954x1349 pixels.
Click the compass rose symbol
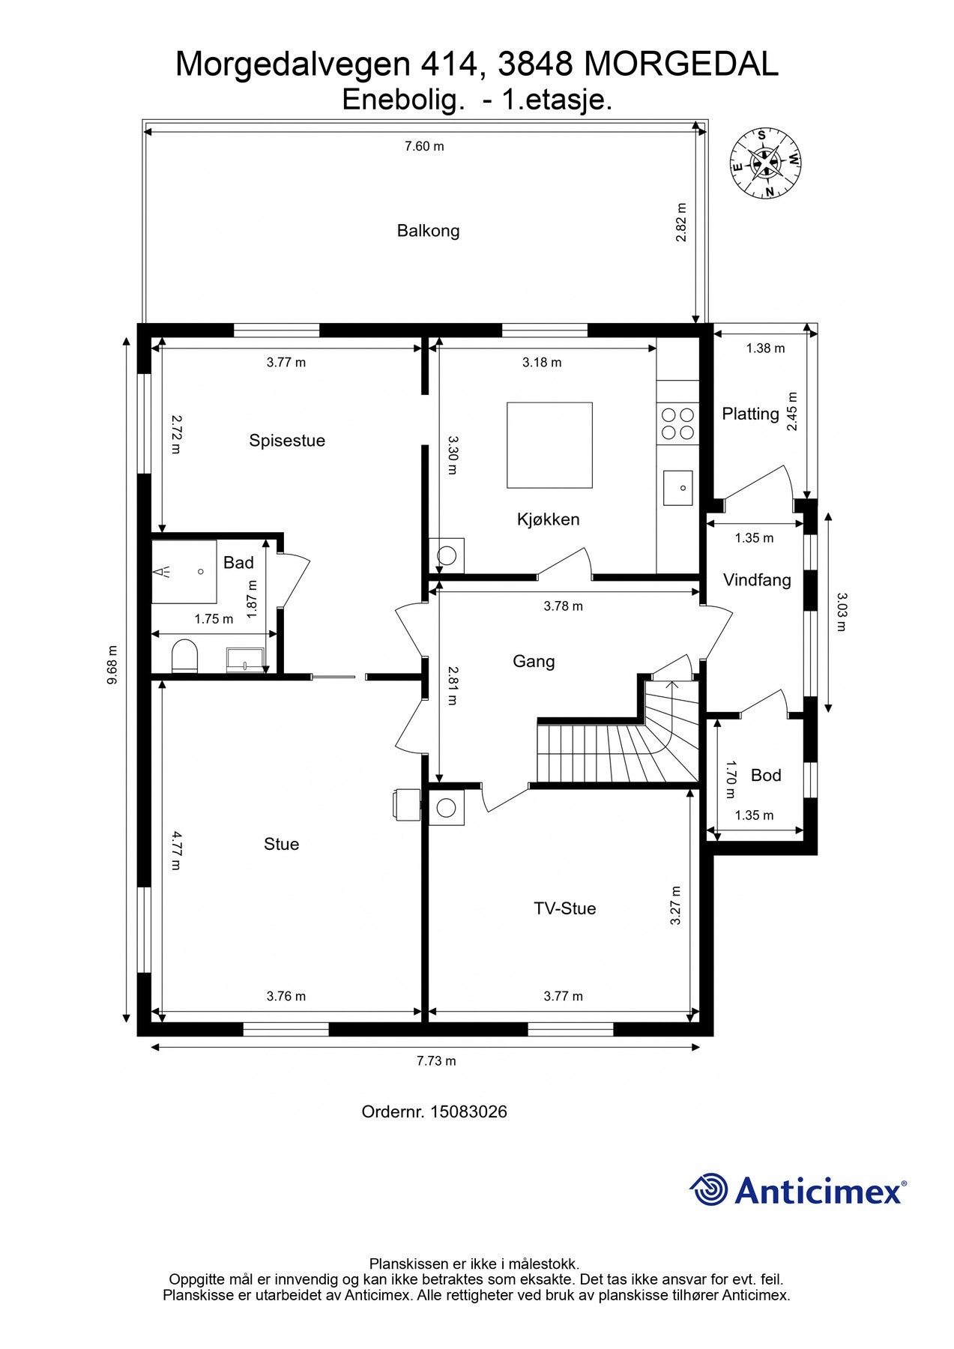pos(766,163)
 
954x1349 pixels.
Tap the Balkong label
pos(428,231)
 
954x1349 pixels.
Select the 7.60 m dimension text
pos(424,146)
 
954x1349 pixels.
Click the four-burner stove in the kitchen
pos(677,423)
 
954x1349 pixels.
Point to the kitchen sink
pos(678,488)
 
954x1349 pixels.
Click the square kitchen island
pos(549,445)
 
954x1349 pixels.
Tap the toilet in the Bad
pos(184,656)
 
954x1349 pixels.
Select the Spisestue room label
pos(287,441)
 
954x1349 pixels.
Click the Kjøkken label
pos(548,519)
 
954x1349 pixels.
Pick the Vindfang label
pos(757,580)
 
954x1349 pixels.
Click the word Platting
pos(750,414)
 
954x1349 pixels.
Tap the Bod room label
pos(766,775)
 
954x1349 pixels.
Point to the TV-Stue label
pos(564,908)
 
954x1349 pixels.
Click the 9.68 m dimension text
pos(112,665)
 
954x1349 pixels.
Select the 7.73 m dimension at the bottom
pos(436,1060)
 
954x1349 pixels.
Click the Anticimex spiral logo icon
pos(709,1189)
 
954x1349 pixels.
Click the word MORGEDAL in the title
pos(681,65)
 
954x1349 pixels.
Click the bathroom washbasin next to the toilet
pos(245,660)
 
